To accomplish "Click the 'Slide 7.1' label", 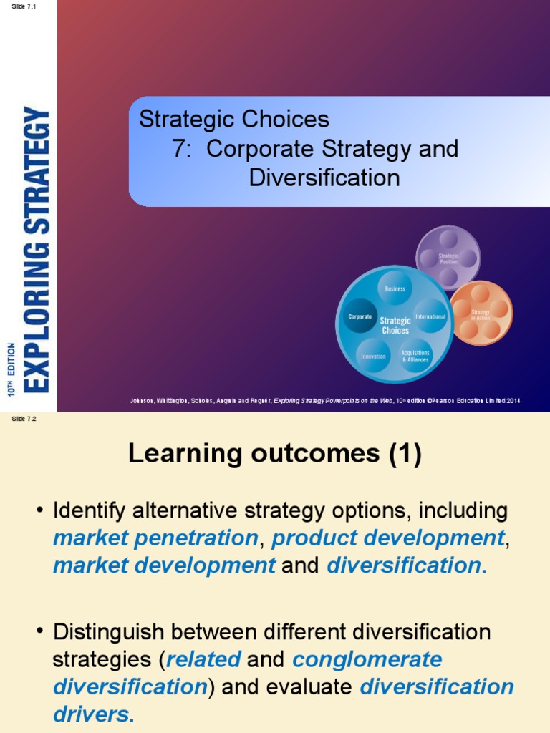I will coord(24,6).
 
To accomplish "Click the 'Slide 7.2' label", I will coord(24,419).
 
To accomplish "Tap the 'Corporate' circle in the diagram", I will coord(360,316).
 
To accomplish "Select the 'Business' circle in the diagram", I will coord(395,288).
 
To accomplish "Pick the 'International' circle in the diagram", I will coord(430,316).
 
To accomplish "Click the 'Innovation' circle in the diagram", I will coord(373,356).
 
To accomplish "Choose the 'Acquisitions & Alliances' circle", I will coord(415,356).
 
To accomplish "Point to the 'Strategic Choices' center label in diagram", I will coord(395,326).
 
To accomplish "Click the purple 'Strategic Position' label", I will coord(448,258).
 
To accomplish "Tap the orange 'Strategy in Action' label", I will coord(481,314).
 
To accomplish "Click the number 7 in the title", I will coord(179,150).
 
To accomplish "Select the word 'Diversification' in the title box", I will coord(324,178).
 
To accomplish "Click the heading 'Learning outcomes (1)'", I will coord(275,454).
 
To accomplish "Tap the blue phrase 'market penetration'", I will coord(155,538).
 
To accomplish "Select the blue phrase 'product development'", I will coord(388,538).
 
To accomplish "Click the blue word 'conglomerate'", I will coord(367,659).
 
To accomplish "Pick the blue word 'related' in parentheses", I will coord(203,659).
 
